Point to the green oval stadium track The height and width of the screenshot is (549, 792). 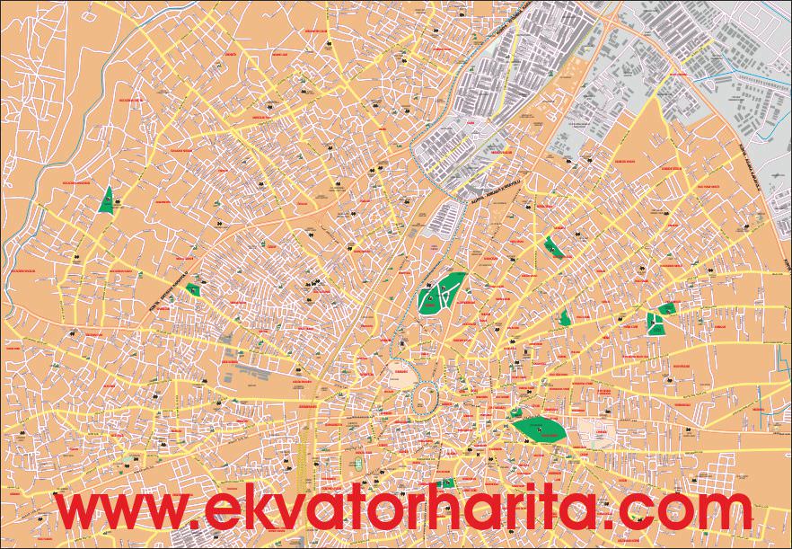tap(358, 465)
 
